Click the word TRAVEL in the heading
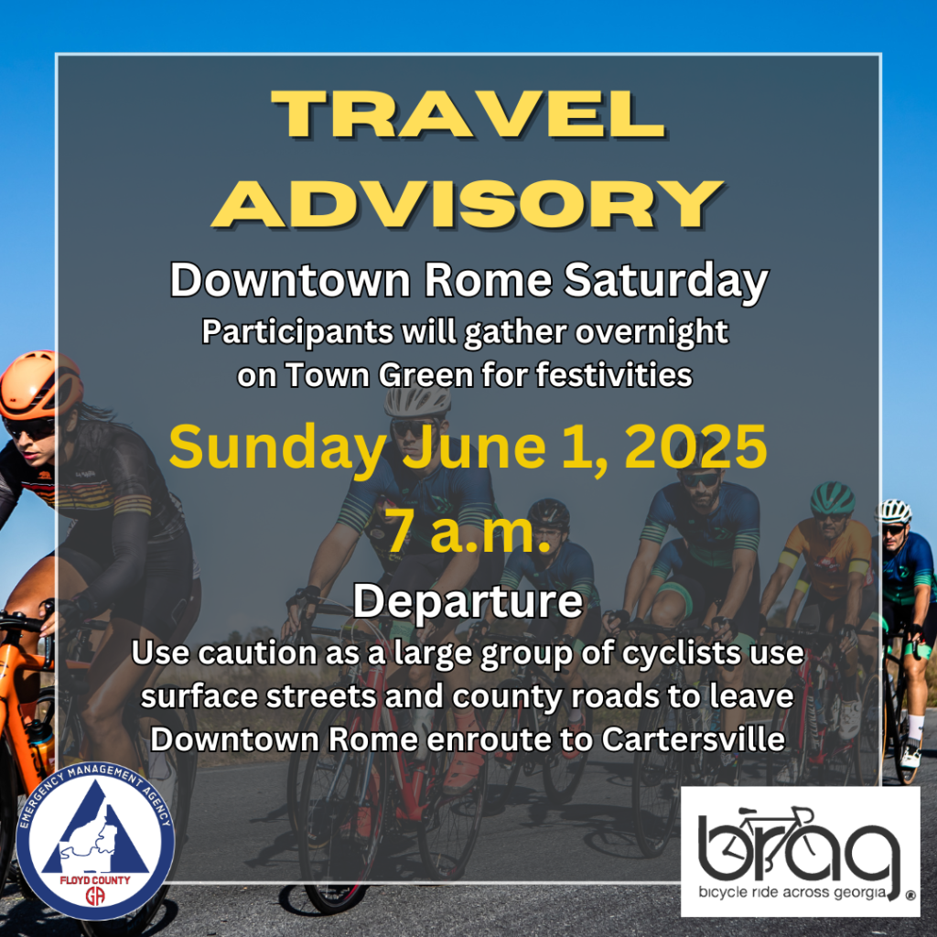coord(468,114)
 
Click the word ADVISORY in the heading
coord(468,204)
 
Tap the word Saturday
coord(666,282)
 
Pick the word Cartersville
coord(693,739)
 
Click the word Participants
coord(297,332)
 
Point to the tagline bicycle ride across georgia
coord(793,893)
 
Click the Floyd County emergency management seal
coord(95,841)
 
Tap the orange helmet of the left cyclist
coord(39,383)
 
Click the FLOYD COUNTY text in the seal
coord(95,880)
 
